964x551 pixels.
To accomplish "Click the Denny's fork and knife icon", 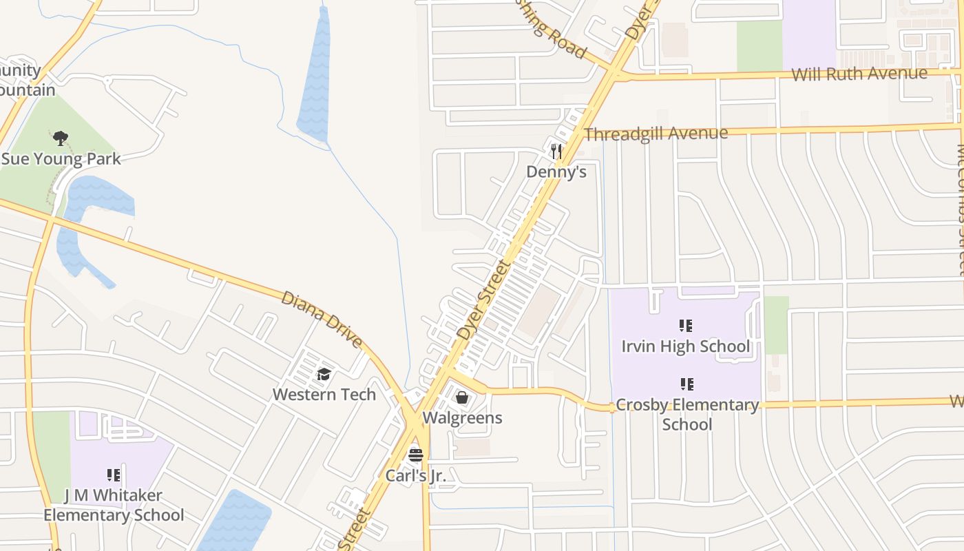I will tap(556, 150).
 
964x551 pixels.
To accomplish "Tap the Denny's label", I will tap(556, 171).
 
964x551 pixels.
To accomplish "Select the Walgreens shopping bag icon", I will tap(462, 397).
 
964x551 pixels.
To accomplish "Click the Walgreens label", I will tap(462, 418).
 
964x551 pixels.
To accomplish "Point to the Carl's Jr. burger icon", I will tap(415, 455).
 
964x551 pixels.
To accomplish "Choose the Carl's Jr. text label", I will tap(415, 475).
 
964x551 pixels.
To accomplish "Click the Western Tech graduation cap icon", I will tap(324, 375).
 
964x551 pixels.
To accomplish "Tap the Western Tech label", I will tap(324, 395).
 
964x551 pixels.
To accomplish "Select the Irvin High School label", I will tap(686, 346).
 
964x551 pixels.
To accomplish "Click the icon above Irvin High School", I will tap(686, 325).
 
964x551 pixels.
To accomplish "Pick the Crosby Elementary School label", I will tap(687, 414).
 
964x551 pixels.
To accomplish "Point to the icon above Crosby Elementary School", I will tap(687, 384).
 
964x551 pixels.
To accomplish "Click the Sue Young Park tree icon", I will tap(61, 138).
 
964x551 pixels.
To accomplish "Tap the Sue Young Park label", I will tap(61, 159).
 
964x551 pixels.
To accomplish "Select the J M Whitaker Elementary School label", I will tap(114, 505).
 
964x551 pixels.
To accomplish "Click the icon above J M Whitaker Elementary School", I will tap(114, 475).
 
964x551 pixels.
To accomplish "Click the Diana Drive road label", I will tap(322, 318).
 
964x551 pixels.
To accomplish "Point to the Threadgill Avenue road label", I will tap(656, 134).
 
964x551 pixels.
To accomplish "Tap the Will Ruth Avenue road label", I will tap(859, 74).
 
